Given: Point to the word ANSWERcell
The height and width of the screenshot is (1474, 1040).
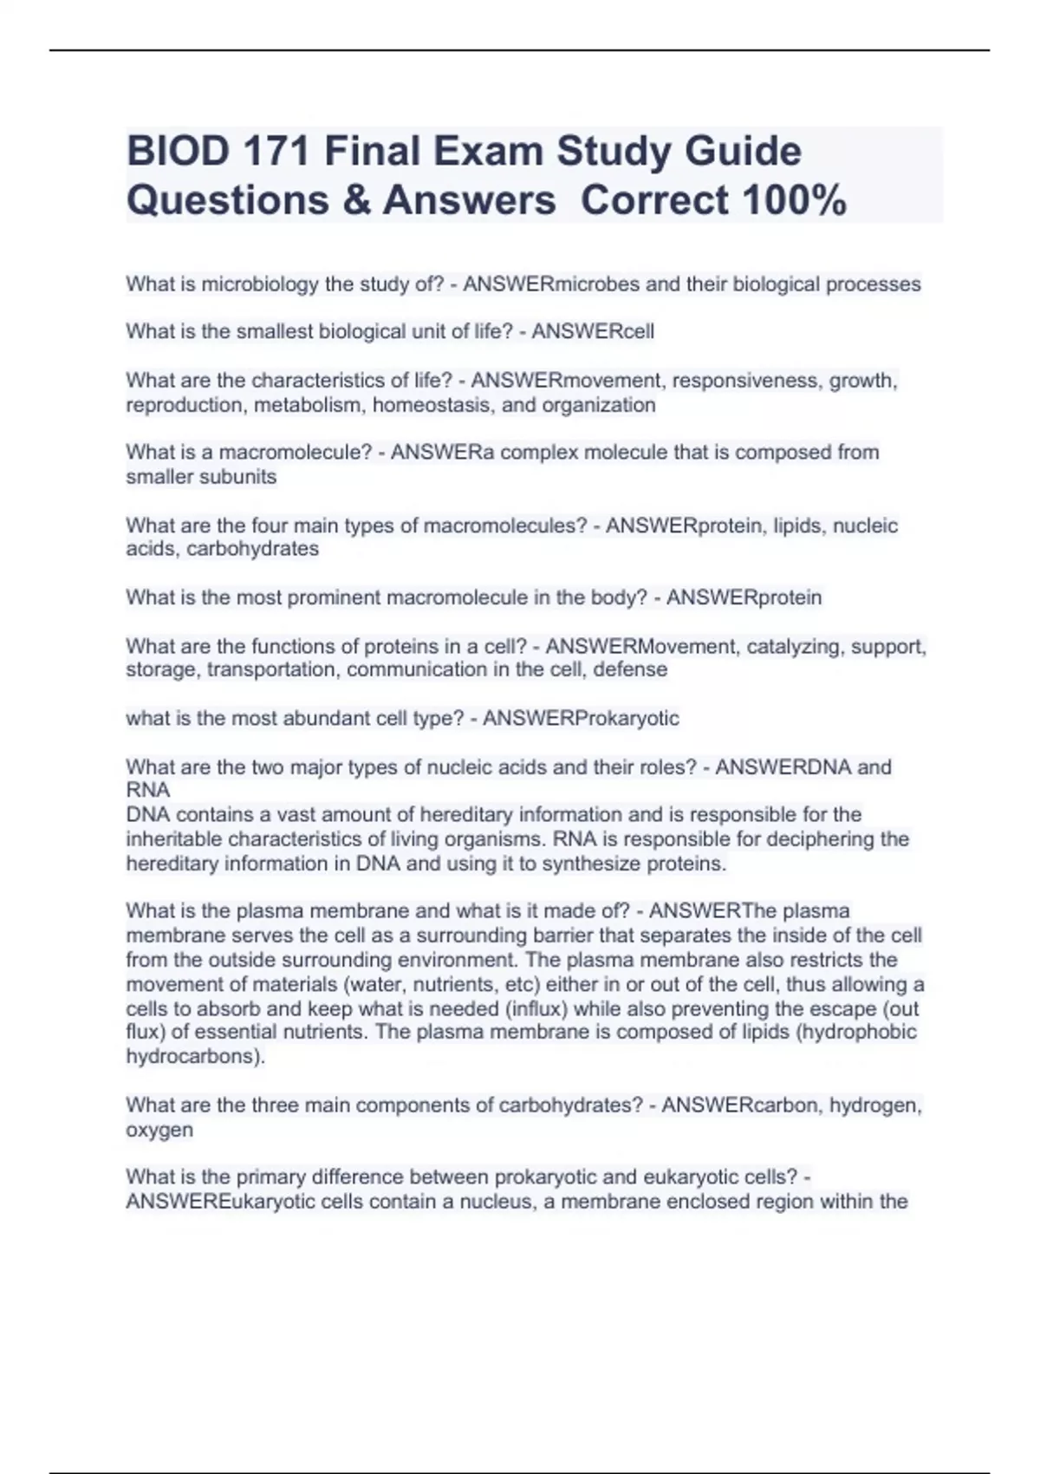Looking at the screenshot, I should [x=593, y=331].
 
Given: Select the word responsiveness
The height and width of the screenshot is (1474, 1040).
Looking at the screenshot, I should [x=747, y=381].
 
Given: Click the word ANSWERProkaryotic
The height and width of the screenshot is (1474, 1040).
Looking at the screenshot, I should [x=581, y=718].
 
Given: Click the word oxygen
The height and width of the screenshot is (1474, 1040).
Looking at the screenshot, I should [x=159, y=1130].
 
